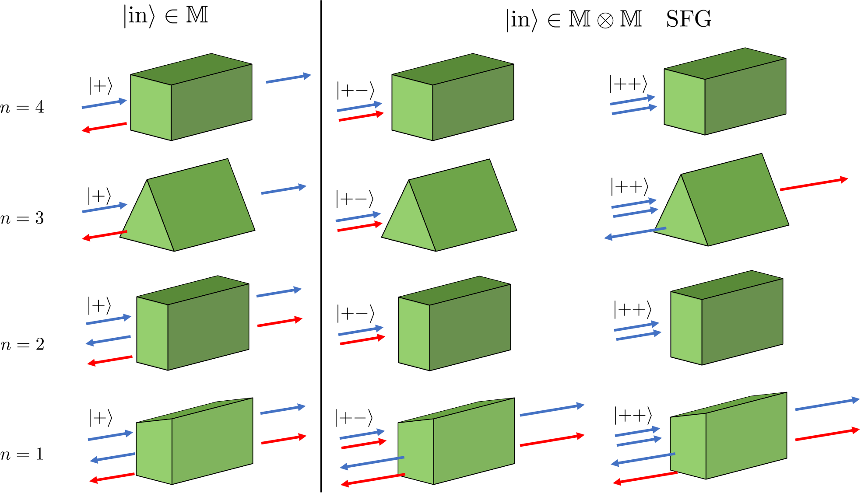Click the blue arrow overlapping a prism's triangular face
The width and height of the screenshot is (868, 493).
pos(635,233)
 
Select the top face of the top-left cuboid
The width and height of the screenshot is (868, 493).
pos(191,69)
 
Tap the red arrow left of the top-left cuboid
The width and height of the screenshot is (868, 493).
pos(104,127)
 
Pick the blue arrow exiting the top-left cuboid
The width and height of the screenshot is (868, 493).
pos(288,79)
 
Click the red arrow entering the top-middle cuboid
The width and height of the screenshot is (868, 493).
pos(361,117)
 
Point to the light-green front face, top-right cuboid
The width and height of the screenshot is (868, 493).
pos(685,101)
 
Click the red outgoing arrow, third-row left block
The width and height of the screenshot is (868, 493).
pos(279,323)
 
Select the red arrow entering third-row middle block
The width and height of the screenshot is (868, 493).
pos(362,340)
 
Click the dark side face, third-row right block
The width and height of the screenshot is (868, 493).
pos(742,322)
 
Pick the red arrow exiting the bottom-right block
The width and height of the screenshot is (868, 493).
pos(827,435)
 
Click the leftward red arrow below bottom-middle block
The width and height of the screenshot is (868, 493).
pos(373,479)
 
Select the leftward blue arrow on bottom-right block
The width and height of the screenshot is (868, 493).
pos(643,459)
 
